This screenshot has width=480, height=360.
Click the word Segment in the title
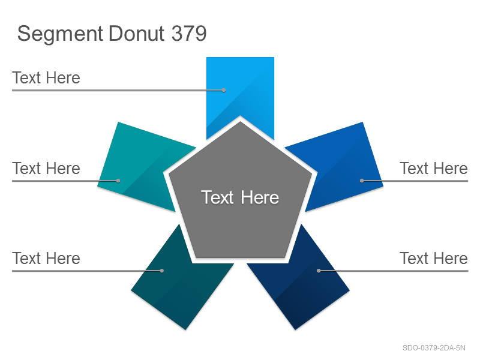click(x=60, y=34)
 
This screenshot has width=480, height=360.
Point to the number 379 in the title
click(x=189, y=33)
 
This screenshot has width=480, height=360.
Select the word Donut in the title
click(x=137, y=33)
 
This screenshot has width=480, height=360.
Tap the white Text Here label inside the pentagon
click(x=240, y=197)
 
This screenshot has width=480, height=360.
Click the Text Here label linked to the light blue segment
click(x=46, y=77)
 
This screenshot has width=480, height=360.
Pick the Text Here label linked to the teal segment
click(x=46, y=168)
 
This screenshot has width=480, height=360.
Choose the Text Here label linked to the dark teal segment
click(x=46, y=258)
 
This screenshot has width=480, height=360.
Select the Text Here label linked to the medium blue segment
click(x=434, y=168)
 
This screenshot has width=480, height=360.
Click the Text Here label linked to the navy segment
click(x=434, y=258)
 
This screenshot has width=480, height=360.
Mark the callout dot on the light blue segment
click(x=224, y=91)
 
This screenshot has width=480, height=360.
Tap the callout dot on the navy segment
click(x=319, y=271)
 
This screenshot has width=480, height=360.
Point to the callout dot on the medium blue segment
click(x=362, y=181)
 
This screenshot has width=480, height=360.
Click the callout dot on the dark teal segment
click(x=162, y=271)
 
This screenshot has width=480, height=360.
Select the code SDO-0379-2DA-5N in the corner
click(x=434, y=348)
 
